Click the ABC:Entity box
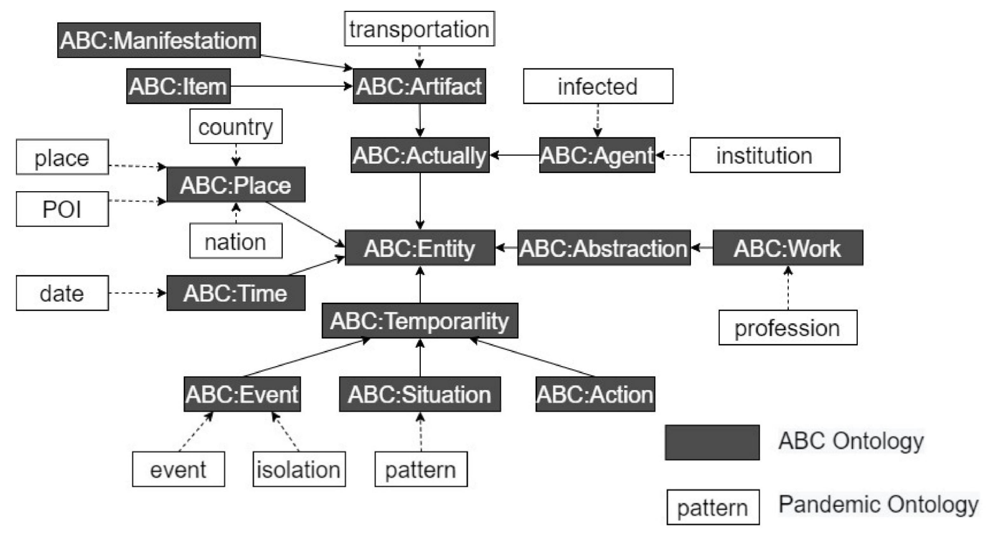(420, 248)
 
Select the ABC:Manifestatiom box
(159, 40)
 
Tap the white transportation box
(419, 29)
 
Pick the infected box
(598, 86)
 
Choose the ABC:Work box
(787, 248)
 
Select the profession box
(787, 328)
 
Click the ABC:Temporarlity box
(420, 320)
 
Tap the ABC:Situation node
(420, 394)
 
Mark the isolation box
(299, 469)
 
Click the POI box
(62, 209)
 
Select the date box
(62, 293)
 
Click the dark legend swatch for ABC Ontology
(712, 443)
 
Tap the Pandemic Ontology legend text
(878, 504)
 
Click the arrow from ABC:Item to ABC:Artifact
(291, 86)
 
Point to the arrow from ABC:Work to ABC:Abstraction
(702, 248)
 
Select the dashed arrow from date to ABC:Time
(137, 293)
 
